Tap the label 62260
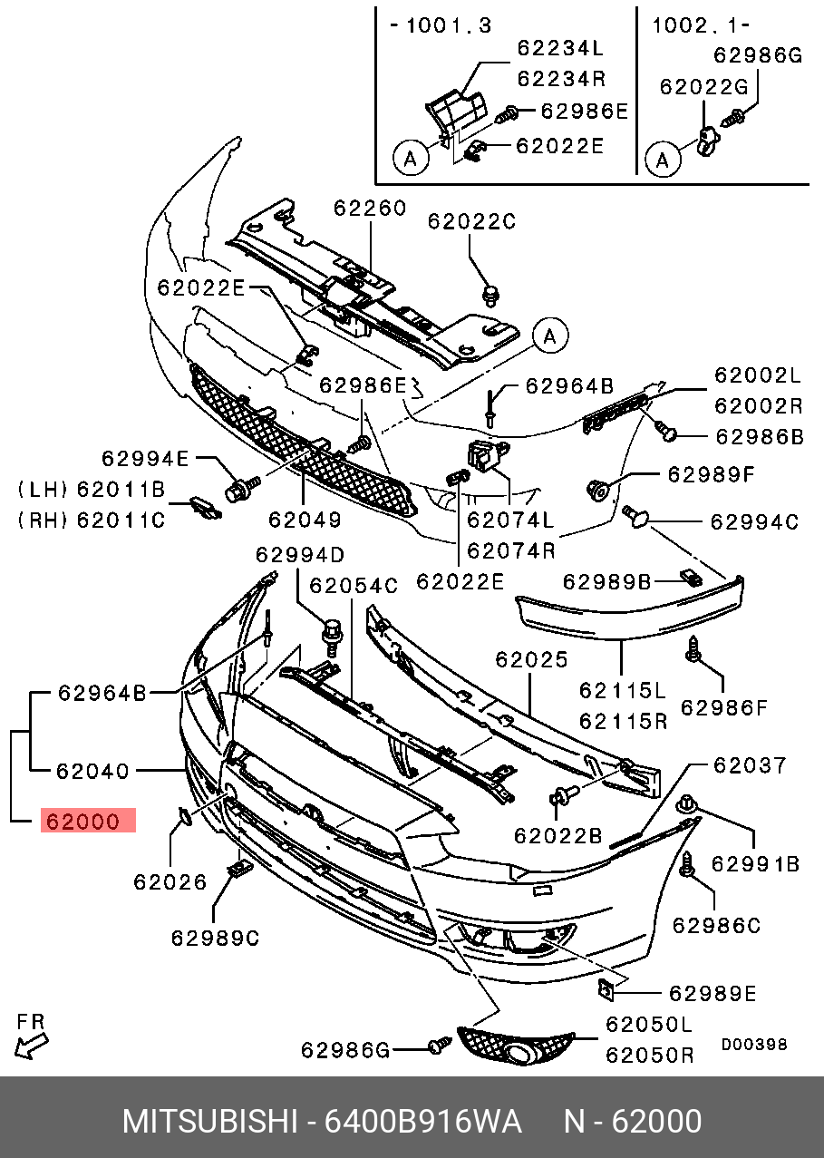369,208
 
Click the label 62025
531,659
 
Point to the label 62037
750,765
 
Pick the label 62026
170,881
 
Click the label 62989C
215,938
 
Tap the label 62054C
354,586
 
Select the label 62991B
755,865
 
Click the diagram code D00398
754,1045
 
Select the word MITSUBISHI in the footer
209,1122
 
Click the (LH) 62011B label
91,491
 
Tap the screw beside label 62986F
694,648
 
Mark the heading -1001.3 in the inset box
441,25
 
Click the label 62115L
622,692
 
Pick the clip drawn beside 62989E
607,989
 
